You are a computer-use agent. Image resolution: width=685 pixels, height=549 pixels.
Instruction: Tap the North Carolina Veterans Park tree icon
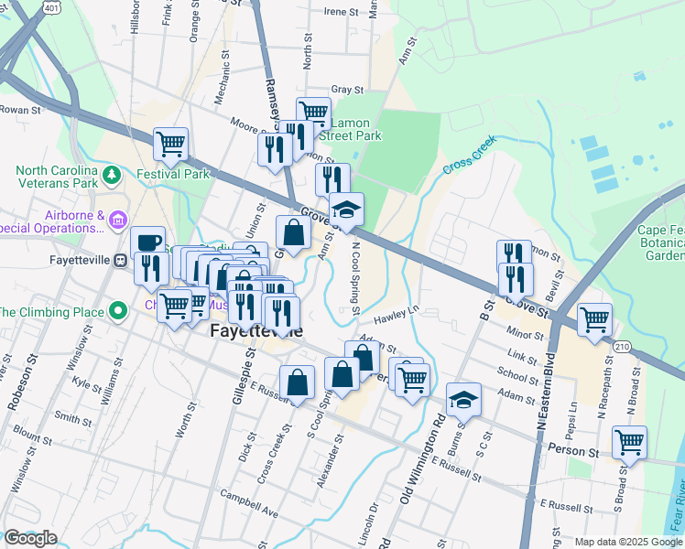point(111,174)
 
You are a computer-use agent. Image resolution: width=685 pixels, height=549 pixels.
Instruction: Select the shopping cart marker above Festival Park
point(170,144)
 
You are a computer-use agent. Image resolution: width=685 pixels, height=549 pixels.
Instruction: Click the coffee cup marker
point(147,242)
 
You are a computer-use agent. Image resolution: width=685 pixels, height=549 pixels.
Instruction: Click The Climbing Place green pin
point(116,312)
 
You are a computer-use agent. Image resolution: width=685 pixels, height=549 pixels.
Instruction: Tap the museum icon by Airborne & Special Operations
point(116,220)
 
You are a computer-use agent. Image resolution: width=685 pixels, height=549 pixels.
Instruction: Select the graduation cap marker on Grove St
point(346,210)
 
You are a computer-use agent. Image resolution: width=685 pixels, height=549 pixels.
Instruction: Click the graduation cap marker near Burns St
point(464,400)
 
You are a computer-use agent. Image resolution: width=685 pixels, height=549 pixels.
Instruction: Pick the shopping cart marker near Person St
point(629,443)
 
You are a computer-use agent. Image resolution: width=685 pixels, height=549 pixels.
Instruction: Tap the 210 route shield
point(623,346)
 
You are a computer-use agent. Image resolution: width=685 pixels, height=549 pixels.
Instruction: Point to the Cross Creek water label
point(469,156)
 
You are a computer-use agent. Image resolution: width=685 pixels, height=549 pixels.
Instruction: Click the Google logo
point(30,539)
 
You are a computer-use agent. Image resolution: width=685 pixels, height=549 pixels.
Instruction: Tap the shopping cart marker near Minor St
point(594,320)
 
